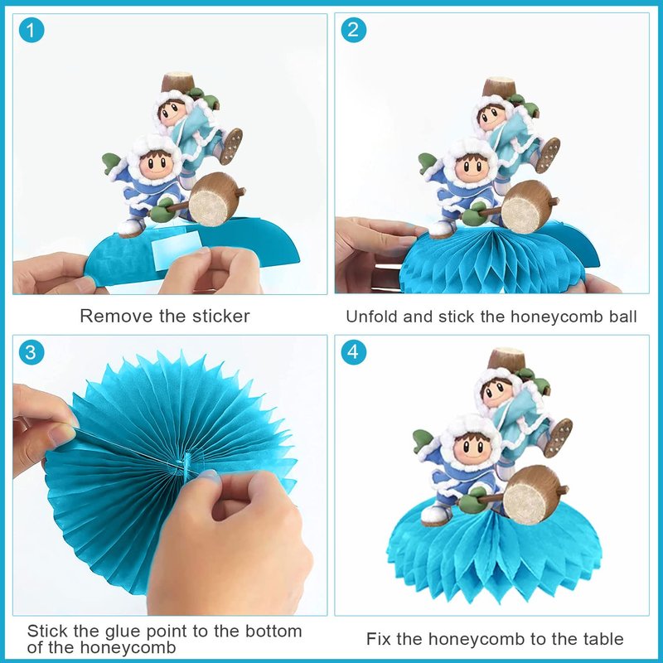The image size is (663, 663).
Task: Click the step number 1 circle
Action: coord(31,30)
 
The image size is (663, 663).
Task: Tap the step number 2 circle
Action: coord(354,30)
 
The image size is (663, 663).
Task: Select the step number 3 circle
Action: coord(31,351)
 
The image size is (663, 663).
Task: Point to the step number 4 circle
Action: coord(354,351)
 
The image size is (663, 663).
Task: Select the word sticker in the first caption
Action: coord(221,317)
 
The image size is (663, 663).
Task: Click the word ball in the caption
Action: coord(623,317)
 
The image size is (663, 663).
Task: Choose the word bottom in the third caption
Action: coord(273,632)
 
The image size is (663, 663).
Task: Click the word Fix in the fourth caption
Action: coord(379,639)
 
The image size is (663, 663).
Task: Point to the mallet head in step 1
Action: coord(213,199)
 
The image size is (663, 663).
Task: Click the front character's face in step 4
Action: coord(473,448)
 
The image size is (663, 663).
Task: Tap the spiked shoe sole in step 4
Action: coord(561,438)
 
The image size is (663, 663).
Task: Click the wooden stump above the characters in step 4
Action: coord(506,359)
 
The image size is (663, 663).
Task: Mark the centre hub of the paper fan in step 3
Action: coord(186,464)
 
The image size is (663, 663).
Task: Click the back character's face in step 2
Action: coord(491,118)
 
